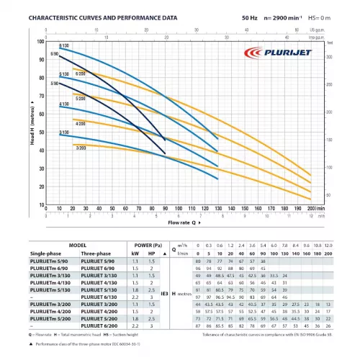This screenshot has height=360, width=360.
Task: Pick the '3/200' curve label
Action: (x=80, y=146)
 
